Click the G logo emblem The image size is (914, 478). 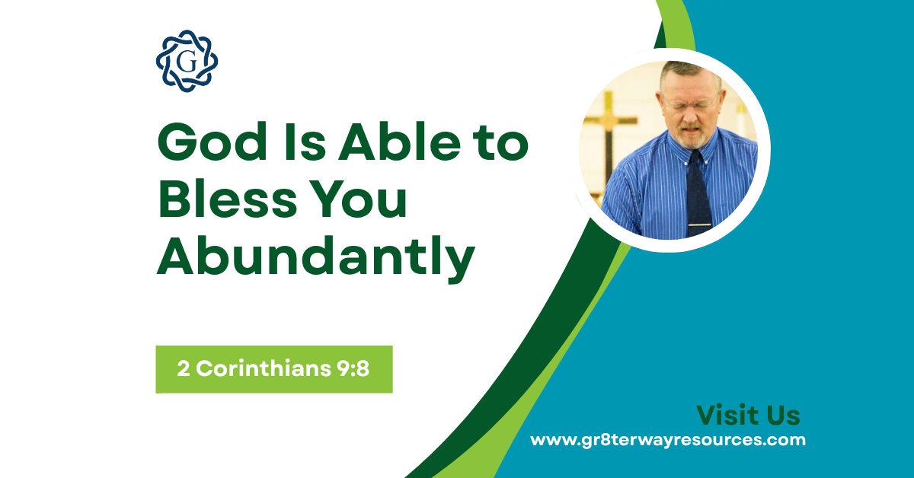click(x=187, y=61)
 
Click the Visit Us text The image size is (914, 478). click(x=748, y=416)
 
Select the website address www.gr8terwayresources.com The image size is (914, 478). click(x=668, y=440)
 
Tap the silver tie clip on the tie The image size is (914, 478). click(x=699, y=225)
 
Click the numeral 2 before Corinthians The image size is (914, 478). click(x=183, y=369)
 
